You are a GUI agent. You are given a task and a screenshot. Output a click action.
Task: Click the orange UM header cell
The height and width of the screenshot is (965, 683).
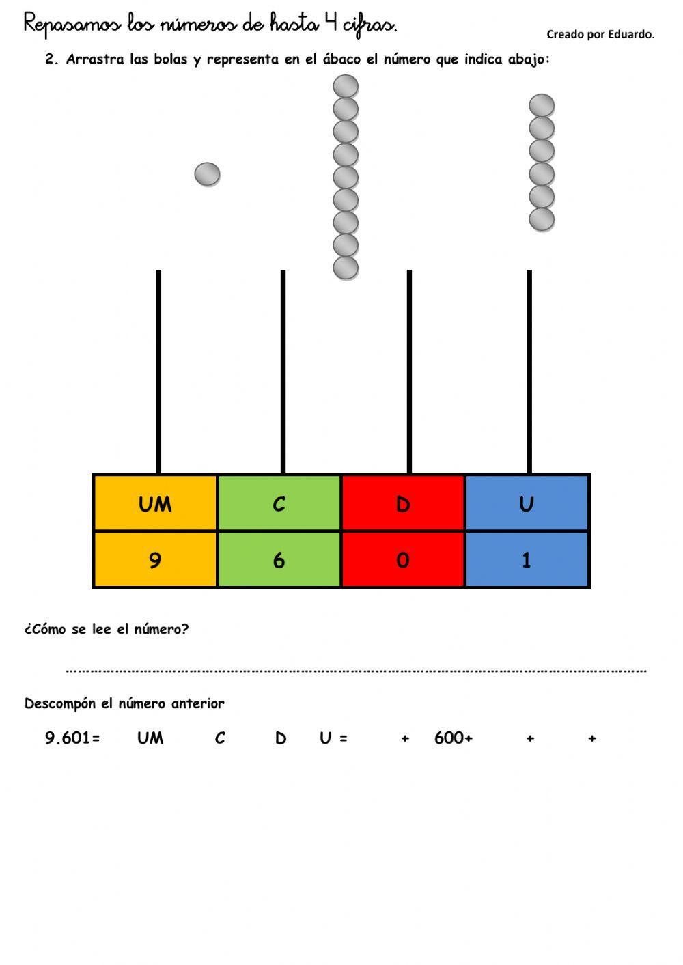click(155, 503)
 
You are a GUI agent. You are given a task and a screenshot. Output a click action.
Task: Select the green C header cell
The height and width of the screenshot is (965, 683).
click(279, 503)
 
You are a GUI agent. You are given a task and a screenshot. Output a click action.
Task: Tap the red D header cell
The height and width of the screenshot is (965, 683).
click(403, 503)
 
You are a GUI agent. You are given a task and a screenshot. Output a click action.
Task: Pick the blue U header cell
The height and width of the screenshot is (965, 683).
click(527, 503)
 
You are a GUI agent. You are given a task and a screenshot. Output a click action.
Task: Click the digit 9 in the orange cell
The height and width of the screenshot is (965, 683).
click(155, 560)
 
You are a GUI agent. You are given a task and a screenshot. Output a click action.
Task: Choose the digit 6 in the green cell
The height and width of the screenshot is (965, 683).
click(279, 560)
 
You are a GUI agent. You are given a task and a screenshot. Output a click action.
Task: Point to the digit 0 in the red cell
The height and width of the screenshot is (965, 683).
click(403, 560)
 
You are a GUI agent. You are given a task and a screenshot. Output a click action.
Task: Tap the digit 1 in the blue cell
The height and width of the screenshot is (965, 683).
click(527, 560)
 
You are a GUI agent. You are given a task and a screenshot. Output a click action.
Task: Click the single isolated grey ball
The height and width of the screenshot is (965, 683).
click(207, 174)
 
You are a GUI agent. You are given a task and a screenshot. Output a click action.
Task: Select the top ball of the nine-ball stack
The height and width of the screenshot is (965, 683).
click(346, 87)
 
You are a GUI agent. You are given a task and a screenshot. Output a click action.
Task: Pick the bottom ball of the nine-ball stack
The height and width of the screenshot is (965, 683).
click(346, 268)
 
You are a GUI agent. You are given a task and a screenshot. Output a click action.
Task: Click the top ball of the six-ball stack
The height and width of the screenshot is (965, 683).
click(542, 106)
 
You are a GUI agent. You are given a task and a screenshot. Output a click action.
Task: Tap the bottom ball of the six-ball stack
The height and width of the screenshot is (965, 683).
click(542, 220)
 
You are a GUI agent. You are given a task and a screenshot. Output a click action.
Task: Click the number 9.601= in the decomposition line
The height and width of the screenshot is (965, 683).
click(72, 738)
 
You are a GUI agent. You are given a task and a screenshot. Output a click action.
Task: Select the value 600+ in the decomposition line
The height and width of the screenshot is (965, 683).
click(453, 738)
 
